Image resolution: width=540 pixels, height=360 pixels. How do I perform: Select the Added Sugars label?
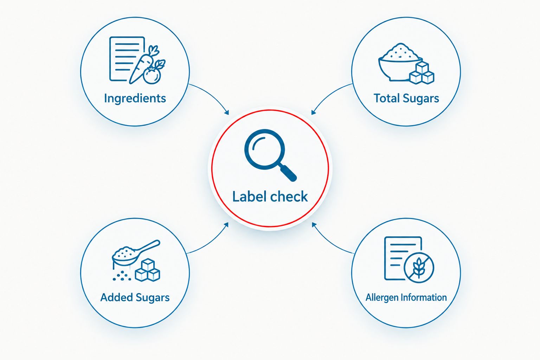click(135, 297)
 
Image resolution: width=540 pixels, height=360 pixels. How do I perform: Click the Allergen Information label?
click(406, 297)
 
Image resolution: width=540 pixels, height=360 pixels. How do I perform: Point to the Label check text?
click(270, 197)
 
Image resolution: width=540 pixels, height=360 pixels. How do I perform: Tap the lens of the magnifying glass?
click(265, 149)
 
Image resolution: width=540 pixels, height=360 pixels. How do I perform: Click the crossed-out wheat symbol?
click(419, 268)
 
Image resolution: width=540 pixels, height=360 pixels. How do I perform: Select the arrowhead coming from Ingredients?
click(226, 112)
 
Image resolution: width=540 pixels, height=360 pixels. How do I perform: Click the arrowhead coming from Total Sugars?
click(314, 112)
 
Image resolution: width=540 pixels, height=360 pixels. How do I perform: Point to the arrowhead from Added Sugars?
click(226, 225)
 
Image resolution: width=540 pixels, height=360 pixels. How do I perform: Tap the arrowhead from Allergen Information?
click(314, 225)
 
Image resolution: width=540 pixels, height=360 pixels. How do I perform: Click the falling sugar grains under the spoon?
click(122, 276)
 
